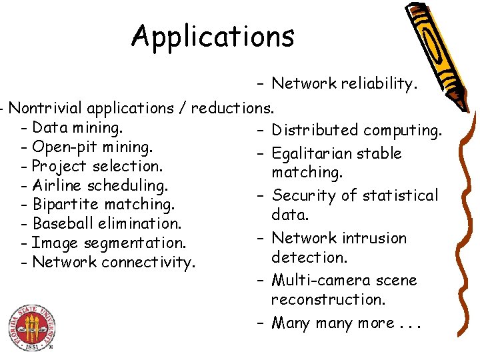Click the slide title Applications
213,36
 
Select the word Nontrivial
47,108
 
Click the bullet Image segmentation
109,243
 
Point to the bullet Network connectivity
113,262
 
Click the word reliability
379,84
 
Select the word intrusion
374,238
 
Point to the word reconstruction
328,300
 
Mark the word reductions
233,108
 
